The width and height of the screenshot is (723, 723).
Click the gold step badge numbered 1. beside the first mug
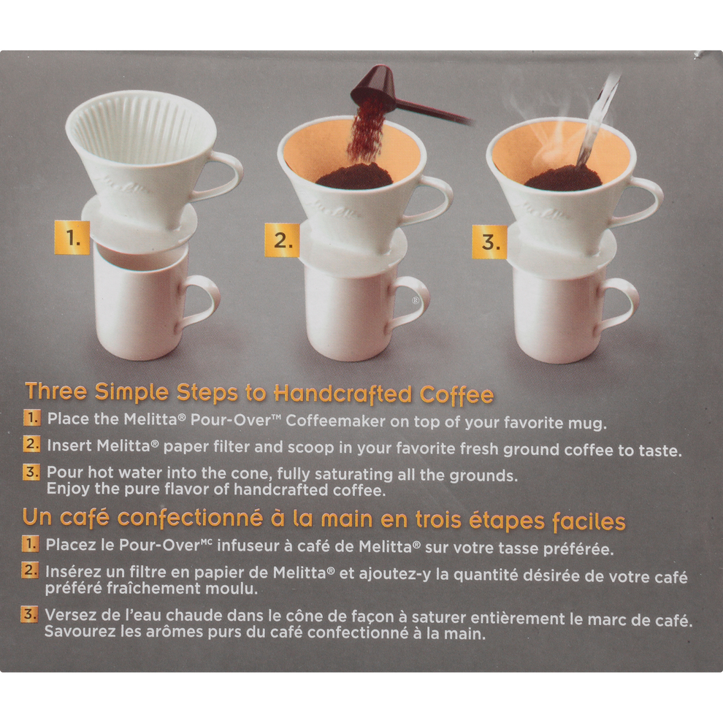tap(72, 237)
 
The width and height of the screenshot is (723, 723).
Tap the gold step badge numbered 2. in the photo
tap(282, 240)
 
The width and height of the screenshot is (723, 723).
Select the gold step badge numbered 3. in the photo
tap(490, 242)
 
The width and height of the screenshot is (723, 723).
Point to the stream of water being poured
tap(597, 124)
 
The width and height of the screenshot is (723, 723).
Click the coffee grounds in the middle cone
tap(353, 176)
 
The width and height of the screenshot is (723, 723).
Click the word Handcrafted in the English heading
tap(343, 394)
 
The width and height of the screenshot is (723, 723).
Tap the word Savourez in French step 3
tap(77, 632)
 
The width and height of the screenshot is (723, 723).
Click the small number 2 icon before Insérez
tap(30, 571)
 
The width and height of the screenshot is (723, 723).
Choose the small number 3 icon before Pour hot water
tap(31, 473)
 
